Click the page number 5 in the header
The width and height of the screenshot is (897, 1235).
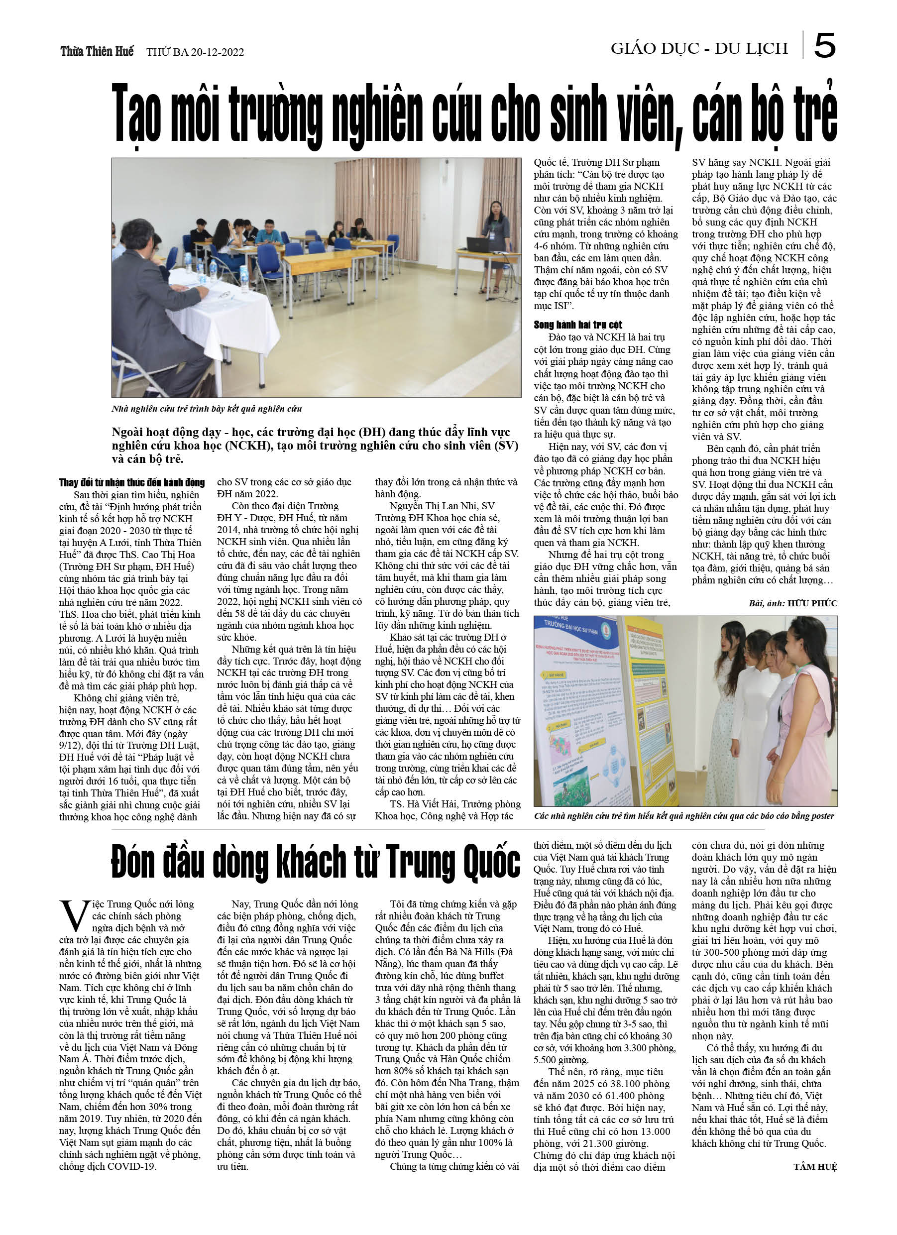(824, 46)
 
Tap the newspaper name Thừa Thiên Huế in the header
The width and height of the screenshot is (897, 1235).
(97, 51)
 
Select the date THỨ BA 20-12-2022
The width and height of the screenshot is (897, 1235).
(195, 52)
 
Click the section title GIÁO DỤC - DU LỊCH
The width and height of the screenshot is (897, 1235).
(699, 48)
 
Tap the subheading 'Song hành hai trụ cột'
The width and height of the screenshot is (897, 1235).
(577, 325)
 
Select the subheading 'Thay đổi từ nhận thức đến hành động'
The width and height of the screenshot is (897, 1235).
(132, 482)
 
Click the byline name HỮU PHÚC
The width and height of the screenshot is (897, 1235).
(812, 603)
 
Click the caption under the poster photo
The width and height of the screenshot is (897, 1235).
(684, 816)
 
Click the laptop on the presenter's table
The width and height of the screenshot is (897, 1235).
(477, 243)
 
